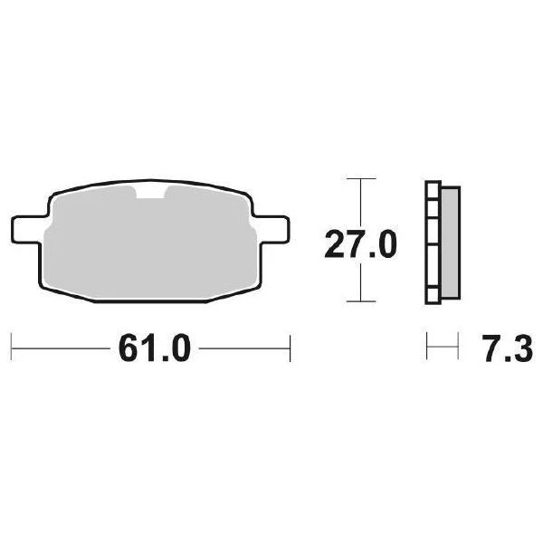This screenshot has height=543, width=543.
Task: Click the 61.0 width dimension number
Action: tap(152, 348)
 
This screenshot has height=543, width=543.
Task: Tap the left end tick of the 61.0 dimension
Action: tap(11, 347)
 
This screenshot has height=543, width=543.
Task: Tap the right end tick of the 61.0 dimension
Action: tap(289, 347)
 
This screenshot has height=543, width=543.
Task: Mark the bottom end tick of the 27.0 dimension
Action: tap(361, 301)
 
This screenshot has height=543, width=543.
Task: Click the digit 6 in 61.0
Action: tap(127, 348)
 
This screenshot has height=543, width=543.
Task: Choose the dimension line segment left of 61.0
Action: tap(59, 347)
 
